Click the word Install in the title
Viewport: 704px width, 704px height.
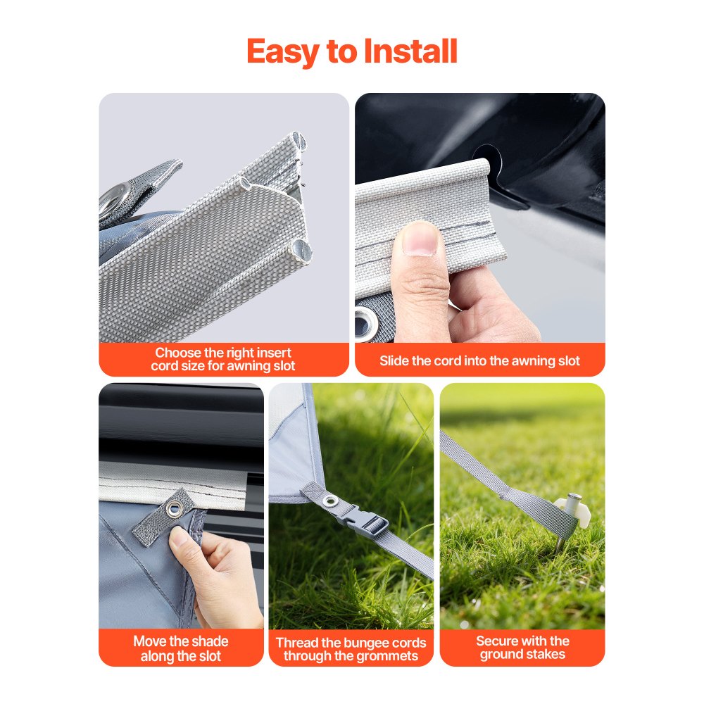[410, 51]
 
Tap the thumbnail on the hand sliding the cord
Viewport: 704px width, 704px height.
[420, 239]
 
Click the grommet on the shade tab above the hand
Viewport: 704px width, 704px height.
[173, 509]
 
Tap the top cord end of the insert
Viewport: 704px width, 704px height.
[298, 140]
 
